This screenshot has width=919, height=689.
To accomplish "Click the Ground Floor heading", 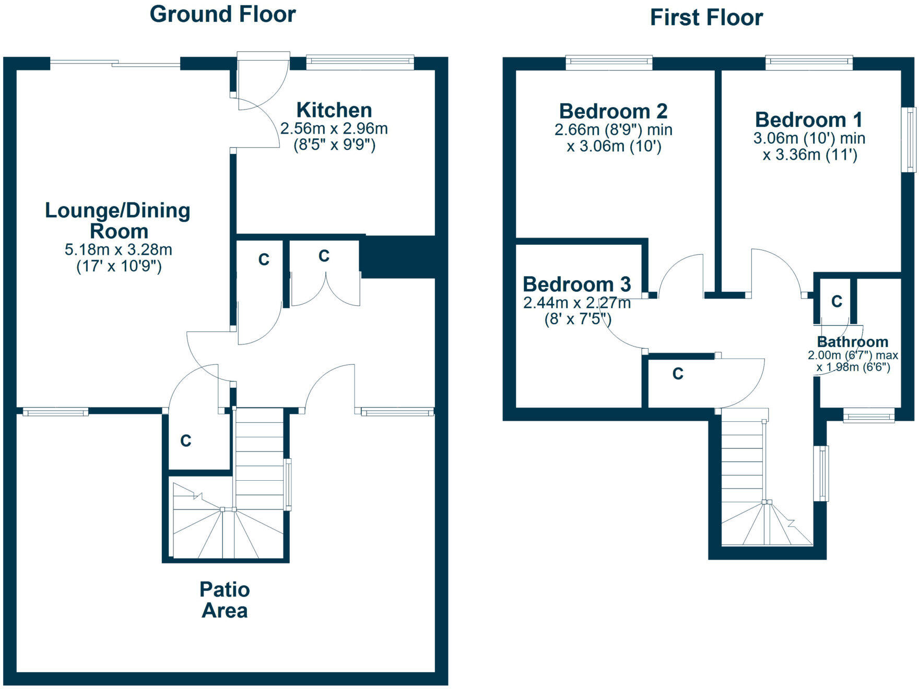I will pyautogui.click(x=222, y=14).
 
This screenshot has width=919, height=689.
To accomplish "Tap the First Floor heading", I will pyautogui.click(x=706, y=18).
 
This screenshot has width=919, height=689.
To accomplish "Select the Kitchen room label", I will pyautogui.click(x=334, y=110).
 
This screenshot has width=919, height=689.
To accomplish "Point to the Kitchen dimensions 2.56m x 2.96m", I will pyautogui.click(x=334, y=128).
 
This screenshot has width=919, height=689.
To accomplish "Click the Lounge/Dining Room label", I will pyautogui.click(x=118, y=220).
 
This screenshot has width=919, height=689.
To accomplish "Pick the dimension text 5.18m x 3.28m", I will pyautogui.click(x=119, y=250).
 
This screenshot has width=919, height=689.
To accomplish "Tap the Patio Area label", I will pyautogui.click(x=225, y=600).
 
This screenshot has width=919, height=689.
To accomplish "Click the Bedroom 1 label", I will pyautogui.click(x=808, y=120).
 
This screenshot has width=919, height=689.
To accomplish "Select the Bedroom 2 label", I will pyautogui.click(x=613, y=111).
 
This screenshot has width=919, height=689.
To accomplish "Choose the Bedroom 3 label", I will pyautogui.click(x=576, y=284).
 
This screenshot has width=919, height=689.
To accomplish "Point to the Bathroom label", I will pyautogui.click(x=853, y=342).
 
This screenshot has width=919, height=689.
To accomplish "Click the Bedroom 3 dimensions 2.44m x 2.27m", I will pyautogui.click(x=576, y=303).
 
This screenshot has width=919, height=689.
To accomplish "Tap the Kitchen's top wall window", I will pyautogui.click(x=360, y=63).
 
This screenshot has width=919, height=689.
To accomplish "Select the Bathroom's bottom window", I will pyautogui.click(x=869, y=417).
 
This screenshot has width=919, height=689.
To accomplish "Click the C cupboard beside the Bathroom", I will pyautogui.click(x=836, y=301).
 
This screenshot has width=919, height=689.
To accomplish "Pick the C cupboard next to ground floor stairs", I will pyautogui.click(x=186, y=441).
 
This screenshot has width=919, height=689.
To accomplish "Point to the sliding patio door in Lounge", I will pyautogui.click(x=115, y=64).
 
